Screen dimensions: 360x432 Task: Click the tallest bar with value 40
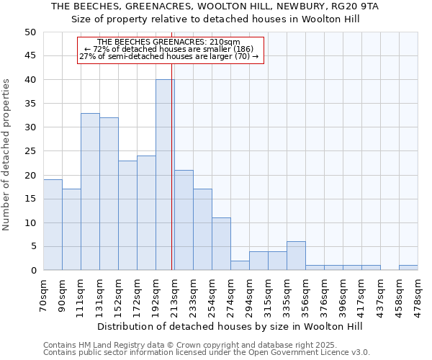point(165,175)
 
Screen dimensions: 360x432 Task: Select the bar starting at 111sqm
point(90,192)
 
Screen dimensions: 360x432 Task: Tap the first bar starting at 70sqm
point(53,225)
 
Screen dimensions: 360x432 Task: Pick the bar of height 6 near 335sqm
point(296,256)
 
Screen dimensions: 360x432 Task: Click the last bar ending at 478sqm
point(408,268)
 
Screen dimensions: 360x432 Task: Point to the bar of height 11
point(221,244)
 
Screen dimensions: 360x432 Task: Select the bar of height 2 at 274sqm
point(240,266)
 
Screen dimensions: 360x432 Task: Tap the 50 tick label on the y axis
point(30,32)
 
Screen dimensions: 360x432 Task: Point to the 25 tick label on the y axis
point(30,151)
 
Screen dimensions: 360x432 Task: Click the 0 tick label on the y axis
point(32,271)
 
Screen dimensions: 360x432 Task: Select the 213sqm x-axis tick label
point(174,294)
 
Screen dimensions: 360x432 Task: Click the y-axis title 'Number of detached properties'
point(7,155)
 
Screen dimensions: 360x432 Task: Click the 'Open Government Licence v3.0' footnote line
point(207,353)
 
